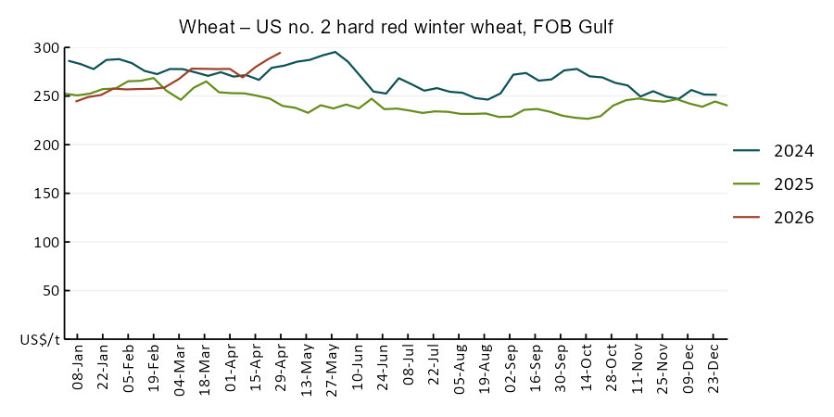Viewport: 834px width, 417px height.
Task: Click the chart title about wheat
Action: (396, 27)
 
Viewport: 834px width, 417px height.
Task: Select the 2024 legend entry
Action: (774, 151)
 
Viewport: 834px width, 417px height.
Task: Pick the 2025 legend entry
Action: (774, 184)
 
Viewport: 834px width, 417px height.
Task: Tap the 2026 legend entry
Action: (774, 217)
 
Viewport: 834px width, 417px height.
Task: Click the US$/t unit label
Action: (41, 340)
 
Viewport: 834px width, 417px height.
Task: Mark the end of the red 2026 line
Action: (280, 53)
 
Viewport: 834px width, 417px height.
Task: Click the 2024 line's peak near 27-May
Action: (335, 52)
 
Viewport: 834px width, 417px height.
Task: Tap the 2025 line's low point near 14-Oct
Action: (588, 119)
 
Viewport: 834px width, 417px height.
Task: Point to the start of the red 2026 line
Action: (77, 101)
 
